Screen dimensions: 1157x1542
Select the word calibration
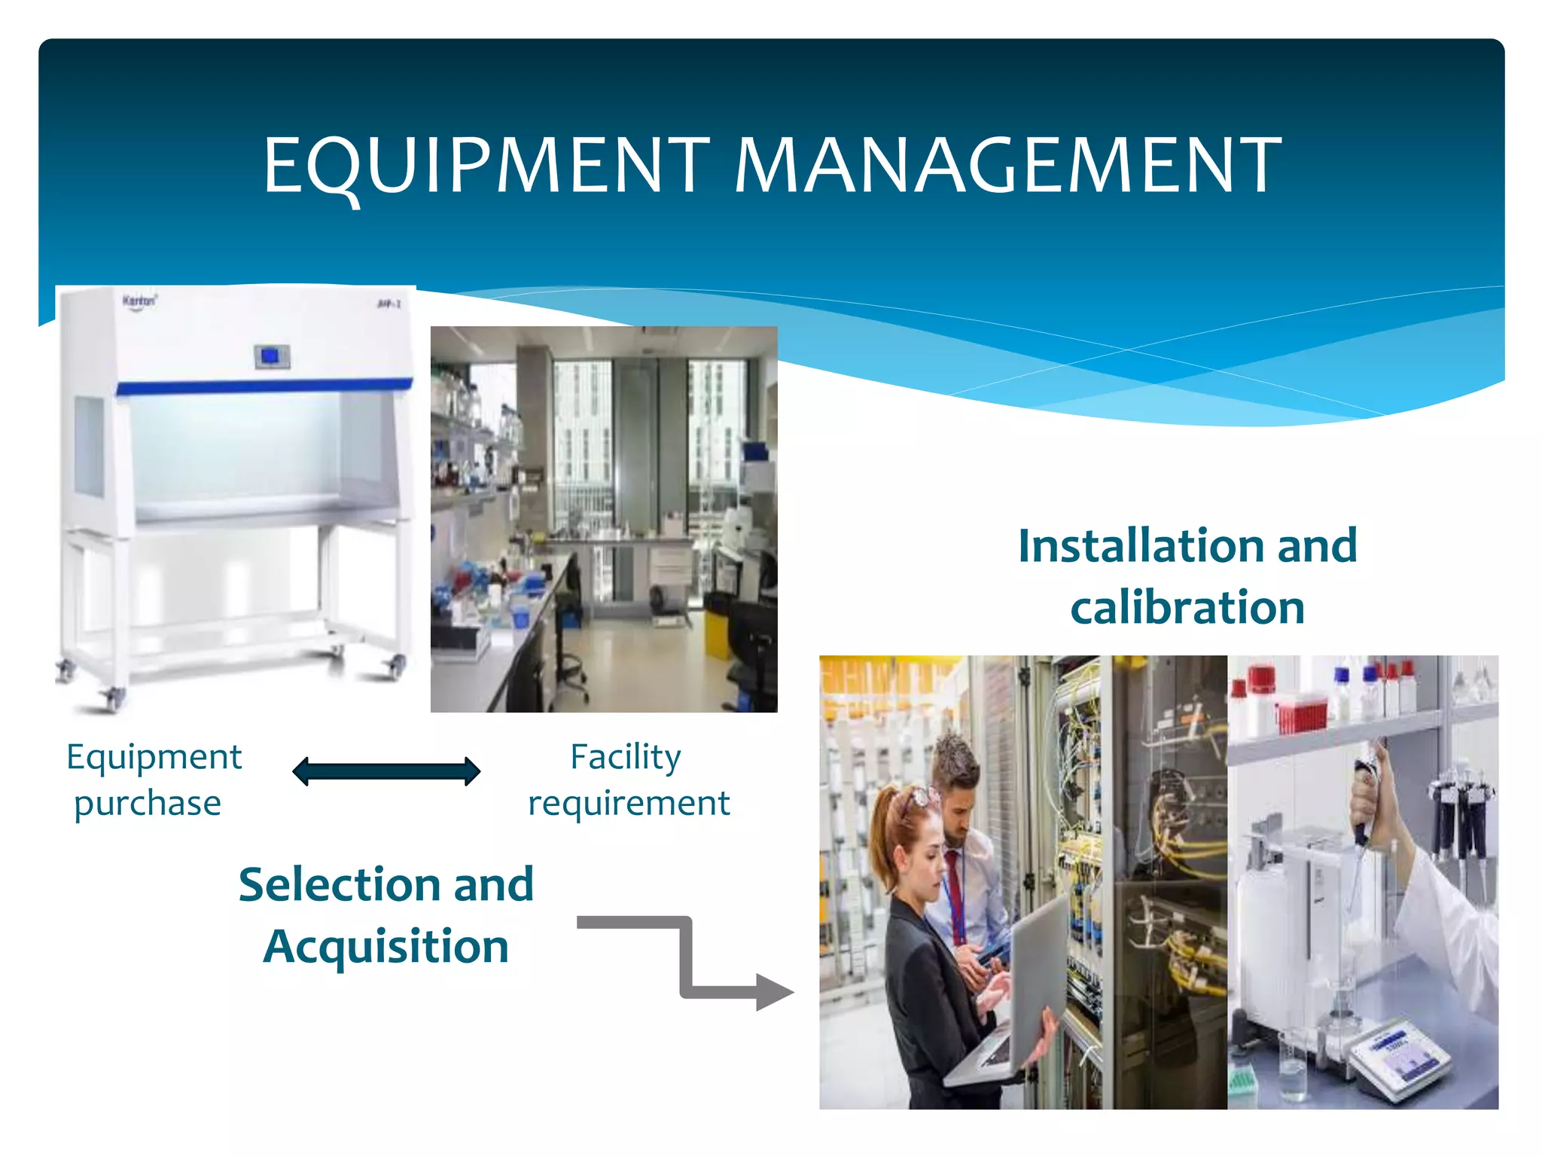pos(1187,608)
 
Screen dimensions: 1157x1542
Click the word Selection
pos(340,884)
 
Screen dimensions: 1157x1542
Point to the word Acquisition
pos(386,947)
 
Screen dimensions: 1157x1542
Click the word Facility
pos(626,757)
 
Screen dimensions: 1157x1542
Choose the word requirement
pos(629,803)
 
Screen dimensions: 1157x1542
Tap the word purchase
pos(148,803)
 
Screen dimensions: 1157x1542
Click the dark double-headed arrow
pos(386,772)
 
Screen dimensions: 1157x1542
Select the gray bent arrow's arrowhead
pos(773,992)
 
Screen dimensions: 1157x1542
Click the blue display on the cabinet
pos(271,356)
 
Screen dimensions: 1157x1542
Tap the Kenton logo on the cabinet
pos(140,301)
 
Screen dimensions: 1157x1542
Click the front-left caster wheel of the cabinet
pos(113,699)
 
